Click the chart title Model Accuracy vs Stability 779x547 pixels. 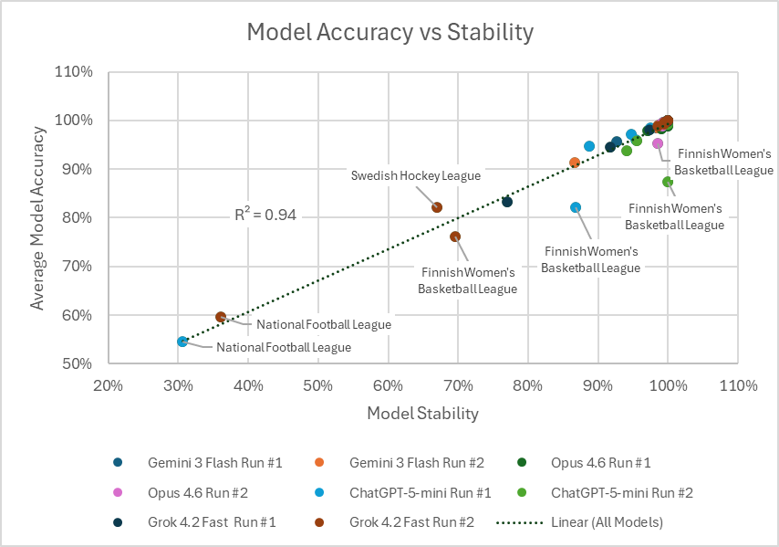[389, 33]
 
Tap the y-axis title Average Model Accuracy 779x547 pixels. [38, 217]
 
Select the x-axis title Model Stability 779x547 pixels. [422, 414]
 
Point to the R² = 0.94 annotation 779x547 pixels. [265, 216]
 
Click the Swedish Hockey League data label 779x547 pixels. [417, 175]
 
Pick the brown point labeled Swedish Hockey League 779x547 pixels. [437, 207]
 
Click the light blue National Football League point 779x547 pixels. [182, 342]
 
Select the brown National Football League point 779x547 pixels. [221, 317]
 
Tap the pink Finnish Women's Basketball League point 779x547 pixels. [658, 143]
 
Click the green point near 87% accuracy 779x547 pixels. [668, 182]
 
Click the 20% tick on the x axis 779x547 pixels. [109, 386]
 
